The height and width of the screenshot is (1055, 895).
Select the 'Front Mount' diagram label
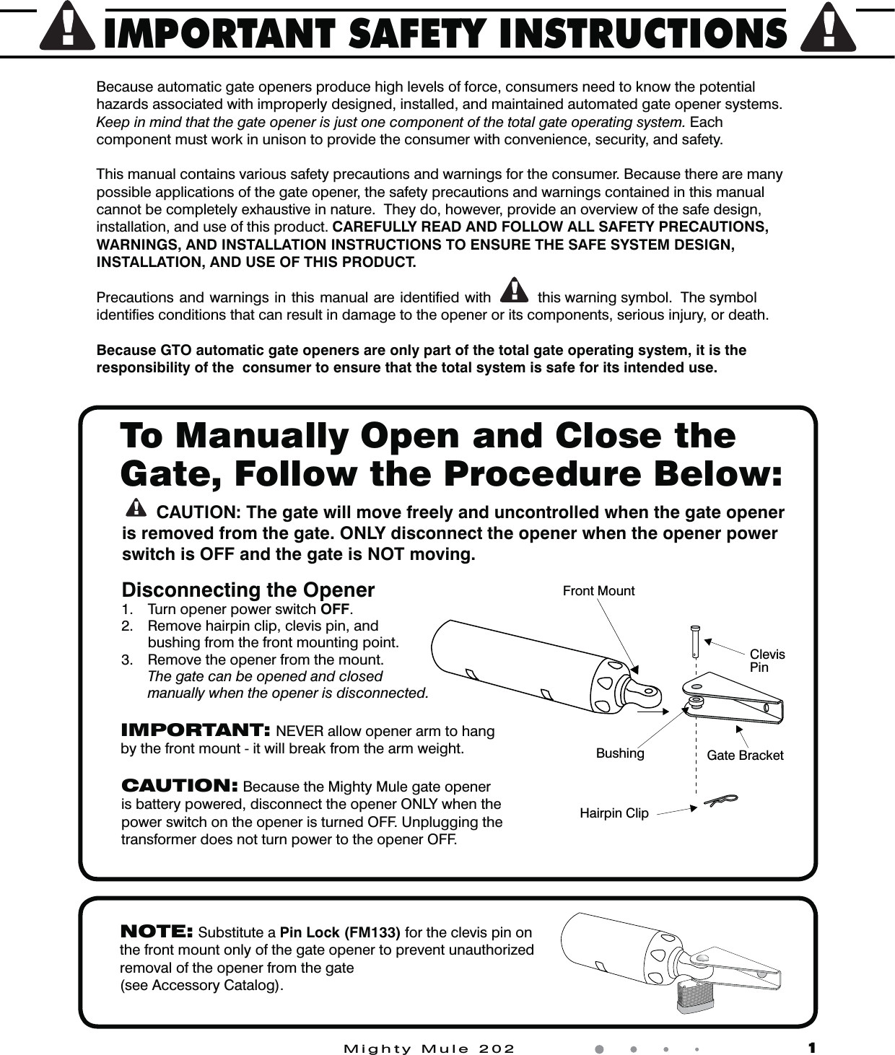click(x=598, y=591)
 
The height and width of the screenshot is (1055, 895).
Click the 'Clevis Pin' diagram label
click(x=767, y=660)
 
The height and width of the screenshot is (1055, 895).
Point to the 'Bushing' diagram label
click(x=620, y=753)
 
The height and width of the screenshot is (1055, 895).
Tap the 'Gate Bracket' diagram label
click(x=745, y=756)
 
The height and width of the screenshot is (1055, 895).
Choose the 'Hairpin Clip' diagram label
click(x=614, y=813)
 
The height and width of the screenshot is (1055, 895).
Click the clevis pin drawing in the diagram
click(x=695, y=641)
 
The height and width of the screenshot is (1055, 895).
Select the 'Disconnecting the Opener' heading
click(x=248, y=590)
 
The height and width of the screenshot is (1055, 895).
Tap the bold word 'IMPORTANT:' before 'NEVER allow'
click(x=196, y=730)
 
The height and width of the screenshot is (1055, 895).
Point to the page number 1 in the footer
click(x=812, y=1048)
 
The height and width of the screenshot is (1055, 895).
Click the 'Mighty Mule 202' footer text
click(x=429, y=1049)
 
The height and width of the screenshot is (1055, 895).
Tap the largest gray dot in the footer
click(x=598, y=1049)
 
